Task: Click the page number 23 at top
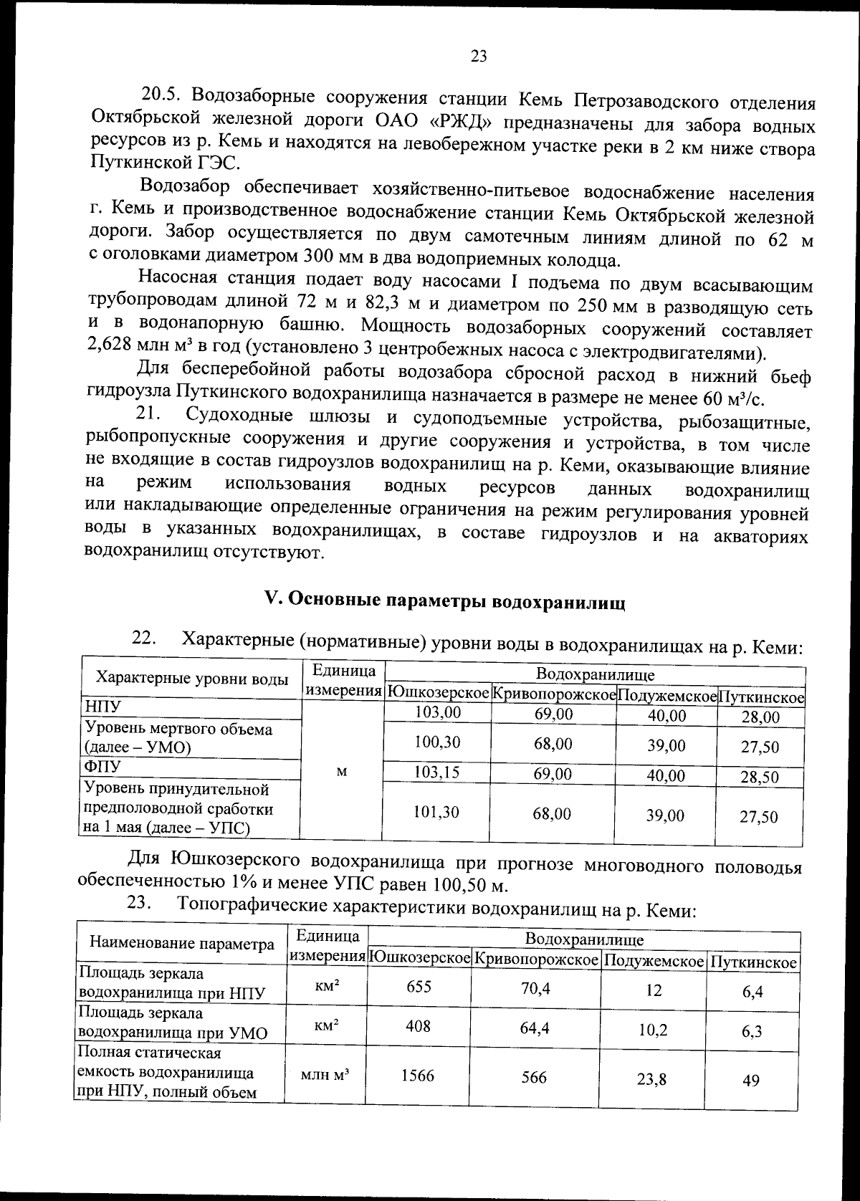pos(479,57)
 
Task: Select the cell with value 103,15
pos(437,772)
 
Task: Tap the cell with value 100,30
pos(437,742)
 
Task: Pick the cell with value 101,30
pos(437,812)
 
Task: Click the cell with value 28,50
pos(760,777)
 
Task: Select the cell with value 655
pos(419,987)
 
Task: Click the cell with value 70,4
pos(535,989)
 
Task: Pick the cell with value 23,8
pos(651,1079)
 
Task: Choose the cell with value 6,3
pos(752,1031)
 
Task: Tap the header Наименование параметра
pos(182,944)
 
